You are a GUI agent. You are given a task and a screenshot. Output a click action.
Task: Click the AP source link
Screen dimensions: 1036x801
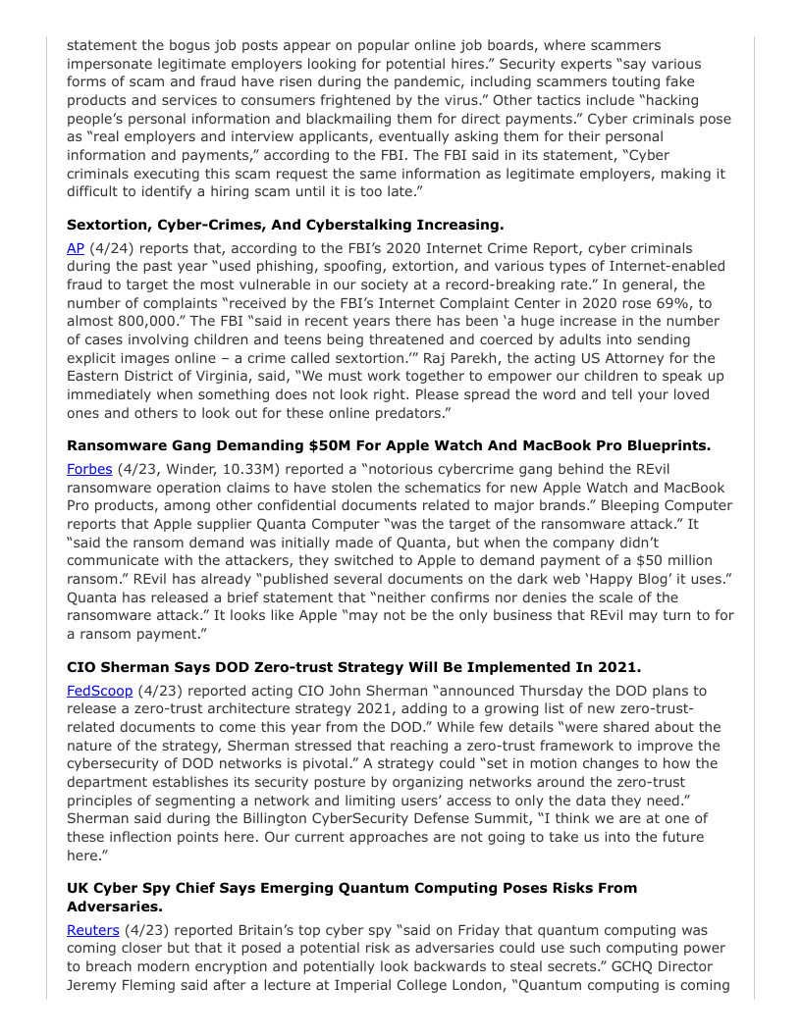point(76,248)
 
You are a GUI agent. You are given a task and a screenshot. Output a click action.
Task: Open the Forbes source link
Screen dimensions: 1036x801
point(89,469)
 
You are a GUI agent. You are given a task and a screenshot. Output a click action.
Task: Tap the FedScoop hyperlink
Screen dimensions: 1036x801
point(99,691)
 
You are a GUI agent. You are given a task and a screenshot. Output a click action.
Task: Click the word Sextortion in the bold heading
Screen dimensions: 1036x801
point(111,224)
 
